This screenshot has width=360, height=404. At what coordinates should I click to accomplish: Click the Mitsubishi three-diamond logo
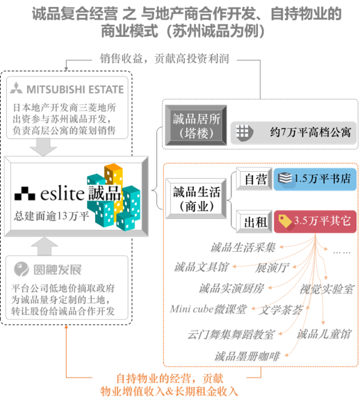(16, 88)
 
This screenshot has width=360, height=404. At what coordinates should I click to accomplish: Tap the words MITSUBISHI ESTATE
(75, 90)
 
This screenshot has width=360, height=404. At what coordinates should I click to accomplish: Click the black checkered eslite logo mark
(24, 193)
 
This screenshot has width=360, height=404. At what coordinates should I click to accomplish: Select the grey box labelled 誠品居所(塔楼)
(196, 125)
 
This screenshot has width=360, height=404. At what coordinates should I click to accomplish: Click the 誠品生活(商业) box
(196, 199)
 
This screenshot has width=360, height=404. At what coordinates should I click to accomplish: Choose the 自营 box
(254, 179)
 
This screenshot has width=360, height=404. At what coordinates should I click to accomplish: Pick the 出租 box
(254, 222)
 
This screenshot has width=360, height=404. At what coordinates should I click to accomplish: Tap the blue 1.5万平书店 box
(315, 179)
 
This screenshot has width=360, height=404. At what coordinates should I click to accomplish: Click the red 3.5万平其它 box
(315, 222)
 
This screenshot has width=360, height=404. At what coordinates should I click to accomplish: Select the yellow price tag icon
(285, 221)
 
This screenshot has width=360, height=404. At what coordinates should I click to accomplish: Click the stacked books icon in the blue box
(284, 178)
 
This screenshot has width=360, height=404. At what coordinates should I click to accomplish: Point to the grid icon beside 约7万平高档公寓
(243, 132)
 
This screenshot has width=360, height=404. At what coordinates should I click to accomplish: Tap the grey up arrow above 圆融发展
(44, 246)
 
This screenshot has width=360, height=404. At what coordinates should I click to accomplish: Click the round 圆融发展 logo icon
(22, 269)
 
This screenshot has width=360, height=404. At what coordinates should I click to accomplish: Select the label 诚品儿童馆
(324, 334)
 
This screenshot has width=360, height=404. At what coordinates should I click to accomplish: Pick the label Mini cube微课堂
(208, 309)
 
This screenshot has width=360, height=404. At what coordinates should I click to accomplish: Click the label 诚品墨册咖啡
(247, 356)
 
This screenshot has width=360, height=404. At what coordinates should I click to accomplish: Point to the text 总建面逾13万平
(51, 216)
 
